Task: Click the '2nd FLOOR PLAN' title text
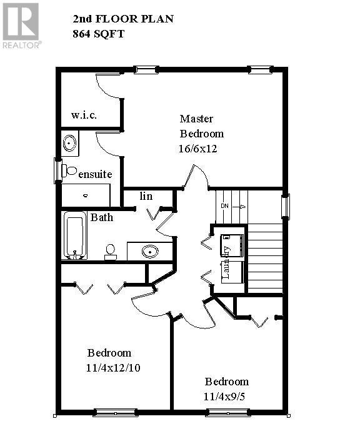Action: (123, 19)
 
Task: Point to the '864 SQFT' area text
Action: (99, 34)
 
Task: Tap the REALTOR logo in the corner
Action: (21, 25)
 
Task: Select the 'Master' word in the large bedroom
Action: (196, 118)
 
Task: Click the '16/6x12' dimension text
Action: (197, 149)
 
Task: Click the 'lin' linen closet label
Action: (146, 196)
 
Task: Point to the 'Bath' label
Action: (102, 217)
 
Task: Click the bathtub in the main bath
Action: (74, 235)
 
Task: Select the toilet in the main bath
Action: (111, 251)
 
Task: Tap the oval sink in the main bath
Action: (149, 252)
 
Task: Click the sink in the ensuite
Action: (69, 144)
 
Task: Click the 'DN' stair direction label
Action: (225, 206)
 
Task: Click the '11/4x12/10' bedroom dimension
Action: (114, 368)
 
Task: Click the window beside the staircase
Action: (286, 207)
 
